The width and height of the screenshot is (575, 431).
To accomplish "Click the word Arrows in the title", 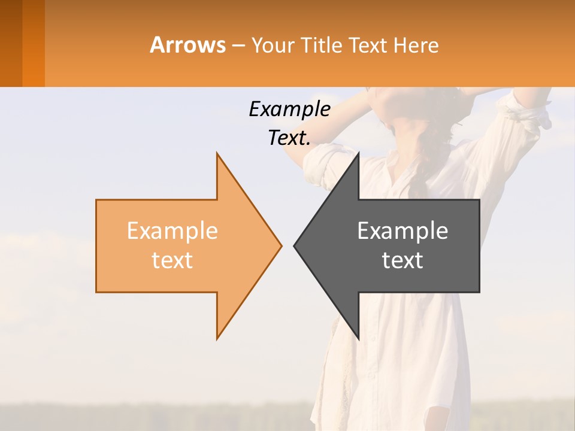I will [188, 45].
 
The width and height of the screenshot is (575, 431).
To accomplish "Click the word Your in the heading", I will [270, 45].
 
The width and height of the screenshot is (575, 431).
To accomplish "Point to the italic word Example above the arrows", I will [289, 109].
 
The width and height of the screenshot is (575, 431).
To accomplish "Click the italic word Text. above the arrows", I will [289, 138].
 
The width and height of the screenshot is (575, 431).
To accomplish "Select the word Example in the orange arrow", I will [172, 230].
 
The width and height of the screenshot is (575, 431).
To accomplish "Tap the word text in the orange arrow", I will [172, 260].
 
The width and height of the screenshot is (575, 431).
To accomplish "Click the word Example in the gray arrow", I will [402, 230].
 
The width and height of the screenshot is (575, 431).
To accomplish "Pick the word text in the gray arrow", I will [402, 260].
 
